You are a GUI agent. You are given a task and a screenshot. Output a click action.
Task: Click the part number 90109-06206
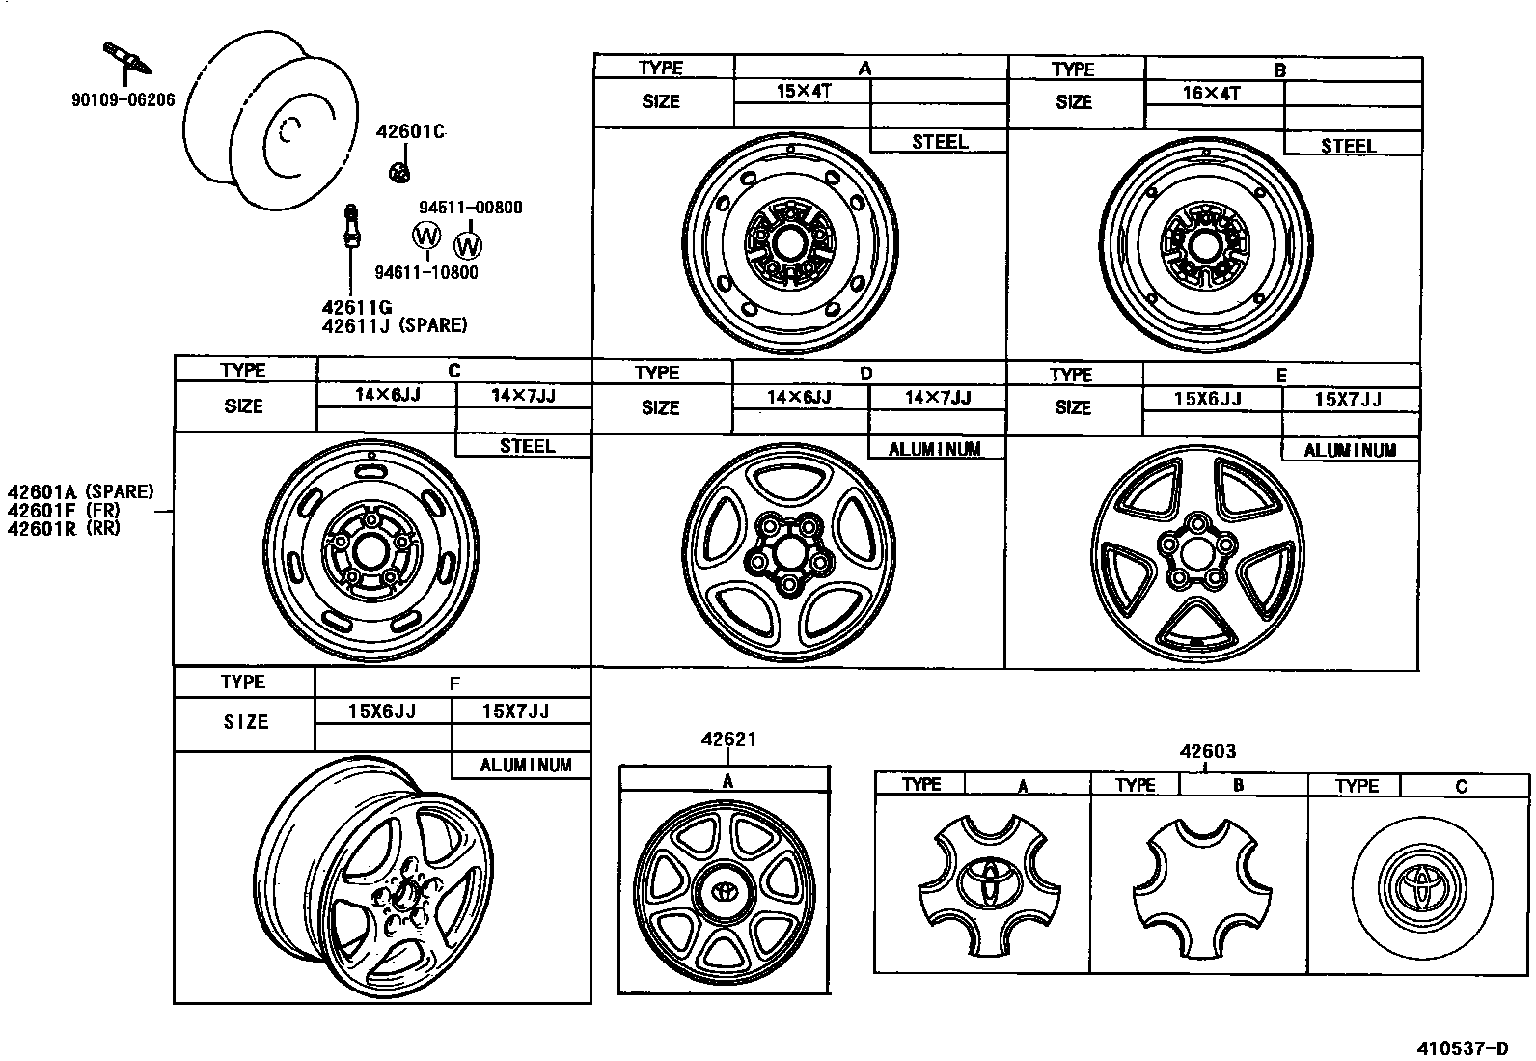[x=123, y=100]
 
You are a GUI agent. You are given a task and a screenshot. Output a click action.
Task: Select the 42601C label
[x=411, y=131]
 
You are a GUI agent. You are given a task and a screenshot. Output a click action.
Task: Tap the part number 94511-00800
[x=471, y=208]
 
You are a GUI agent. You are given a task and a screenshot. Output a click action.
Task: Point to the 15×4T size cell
[x=804, y=92]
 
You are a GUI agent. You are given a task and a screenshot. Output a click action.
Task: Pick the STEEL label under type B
[x=1348, y=146]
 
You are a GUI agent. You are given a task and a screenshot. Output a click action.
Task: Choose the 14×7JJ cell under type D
[x=938, y=398]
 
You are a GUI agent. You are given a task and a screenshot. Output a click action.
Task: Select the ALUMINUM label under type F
[x=526, y=765]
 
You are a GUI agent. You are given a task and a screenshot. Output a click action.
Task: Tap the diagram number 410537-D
[x=1463, y=1048]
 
